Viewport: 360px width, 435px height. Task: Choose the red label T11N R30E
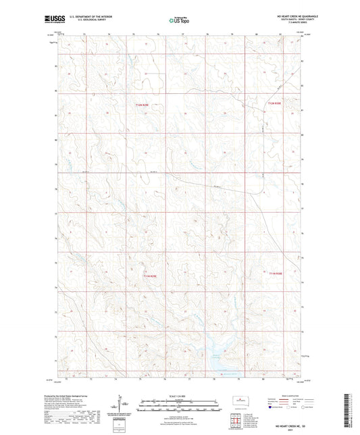(274, 274)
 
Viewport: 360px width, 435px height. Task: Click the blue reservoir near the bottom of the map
(220, 363)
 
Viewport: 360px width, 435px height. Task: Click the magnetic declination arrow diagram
(119, 405)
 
